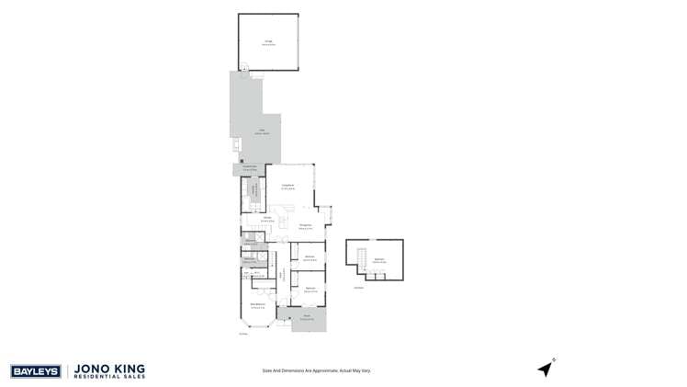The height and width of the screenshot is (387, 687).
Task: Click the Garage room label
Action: pyautogui.click(x=269, y=41)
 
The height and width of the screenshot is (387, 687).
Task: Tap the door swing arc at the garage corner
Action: pyautogui.click(x=245, y=67)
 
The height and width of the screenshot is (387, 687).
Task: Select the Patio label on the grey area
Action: pyautogui.click(x=261, y=131)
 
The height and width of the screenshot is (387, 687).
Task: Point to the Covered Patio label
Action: pyautogui.click(x=249, y=168)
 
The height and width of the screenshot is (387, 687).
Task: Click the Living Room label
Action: pyautogui.click(x=287, y=187)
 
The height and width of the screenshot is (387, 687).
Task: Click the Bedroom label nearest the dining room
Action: pyautogui.click(x=310, y=257)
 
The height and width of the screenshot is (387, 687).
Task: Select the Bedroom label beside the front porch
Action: pyautogui.click(x=310, y=289)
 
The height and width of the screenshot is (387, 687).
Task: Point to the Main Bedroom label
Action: pyautogui.click(x=259, y=305)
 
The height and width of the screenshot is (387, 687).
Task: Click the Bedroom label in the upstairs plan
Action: pyautogui.click(x=378, y=261)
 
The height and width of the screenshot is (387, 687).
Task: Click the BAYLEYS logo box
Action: pyautogui.click(x=36, y=371)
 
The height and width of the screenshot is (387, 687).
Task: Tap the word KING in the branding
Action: pyautogui.click(x=130, y=368)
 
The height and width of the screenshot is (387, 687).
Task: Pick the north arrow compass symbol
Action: pyautogui.click(x=546, y=369)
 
